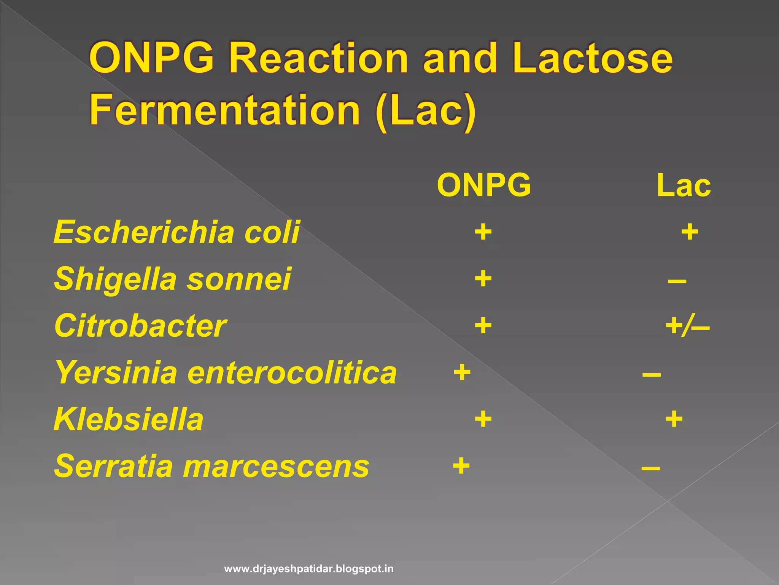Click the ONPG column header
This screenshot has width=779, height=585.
click(483, 185)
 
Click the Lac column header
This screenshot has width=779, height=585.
click(684, 185)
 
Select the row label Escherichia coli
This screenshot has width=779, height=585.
click(176, 232)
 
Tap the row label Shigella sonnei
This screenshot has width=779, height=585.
click(172, 279)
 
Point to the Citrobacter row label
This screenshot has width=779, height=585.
click(140, 326)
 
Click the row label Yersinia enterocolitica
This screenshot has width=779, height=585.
click(226, 372)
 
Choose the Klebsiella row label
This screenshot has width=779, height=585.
click(129, 419)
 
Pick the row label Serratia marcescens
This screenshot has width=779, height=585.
click(211, 466)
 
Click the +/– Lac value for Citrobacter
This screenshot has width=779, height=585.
click(687, 326)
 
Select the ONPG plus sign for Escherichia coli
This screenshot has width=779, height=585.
click(483, 232)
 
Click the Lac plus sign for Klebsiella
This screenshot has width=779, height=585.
click(674, 419)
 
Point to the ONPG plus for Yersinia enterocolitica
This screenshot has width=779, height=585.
click(462, 372)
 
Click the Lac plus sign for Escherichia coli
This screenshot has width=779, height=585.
click(690, 232)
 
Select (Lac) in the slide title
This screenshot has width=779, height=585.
click(425, 110)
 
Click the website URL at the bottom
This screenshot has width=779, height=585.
click(309, 569)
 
